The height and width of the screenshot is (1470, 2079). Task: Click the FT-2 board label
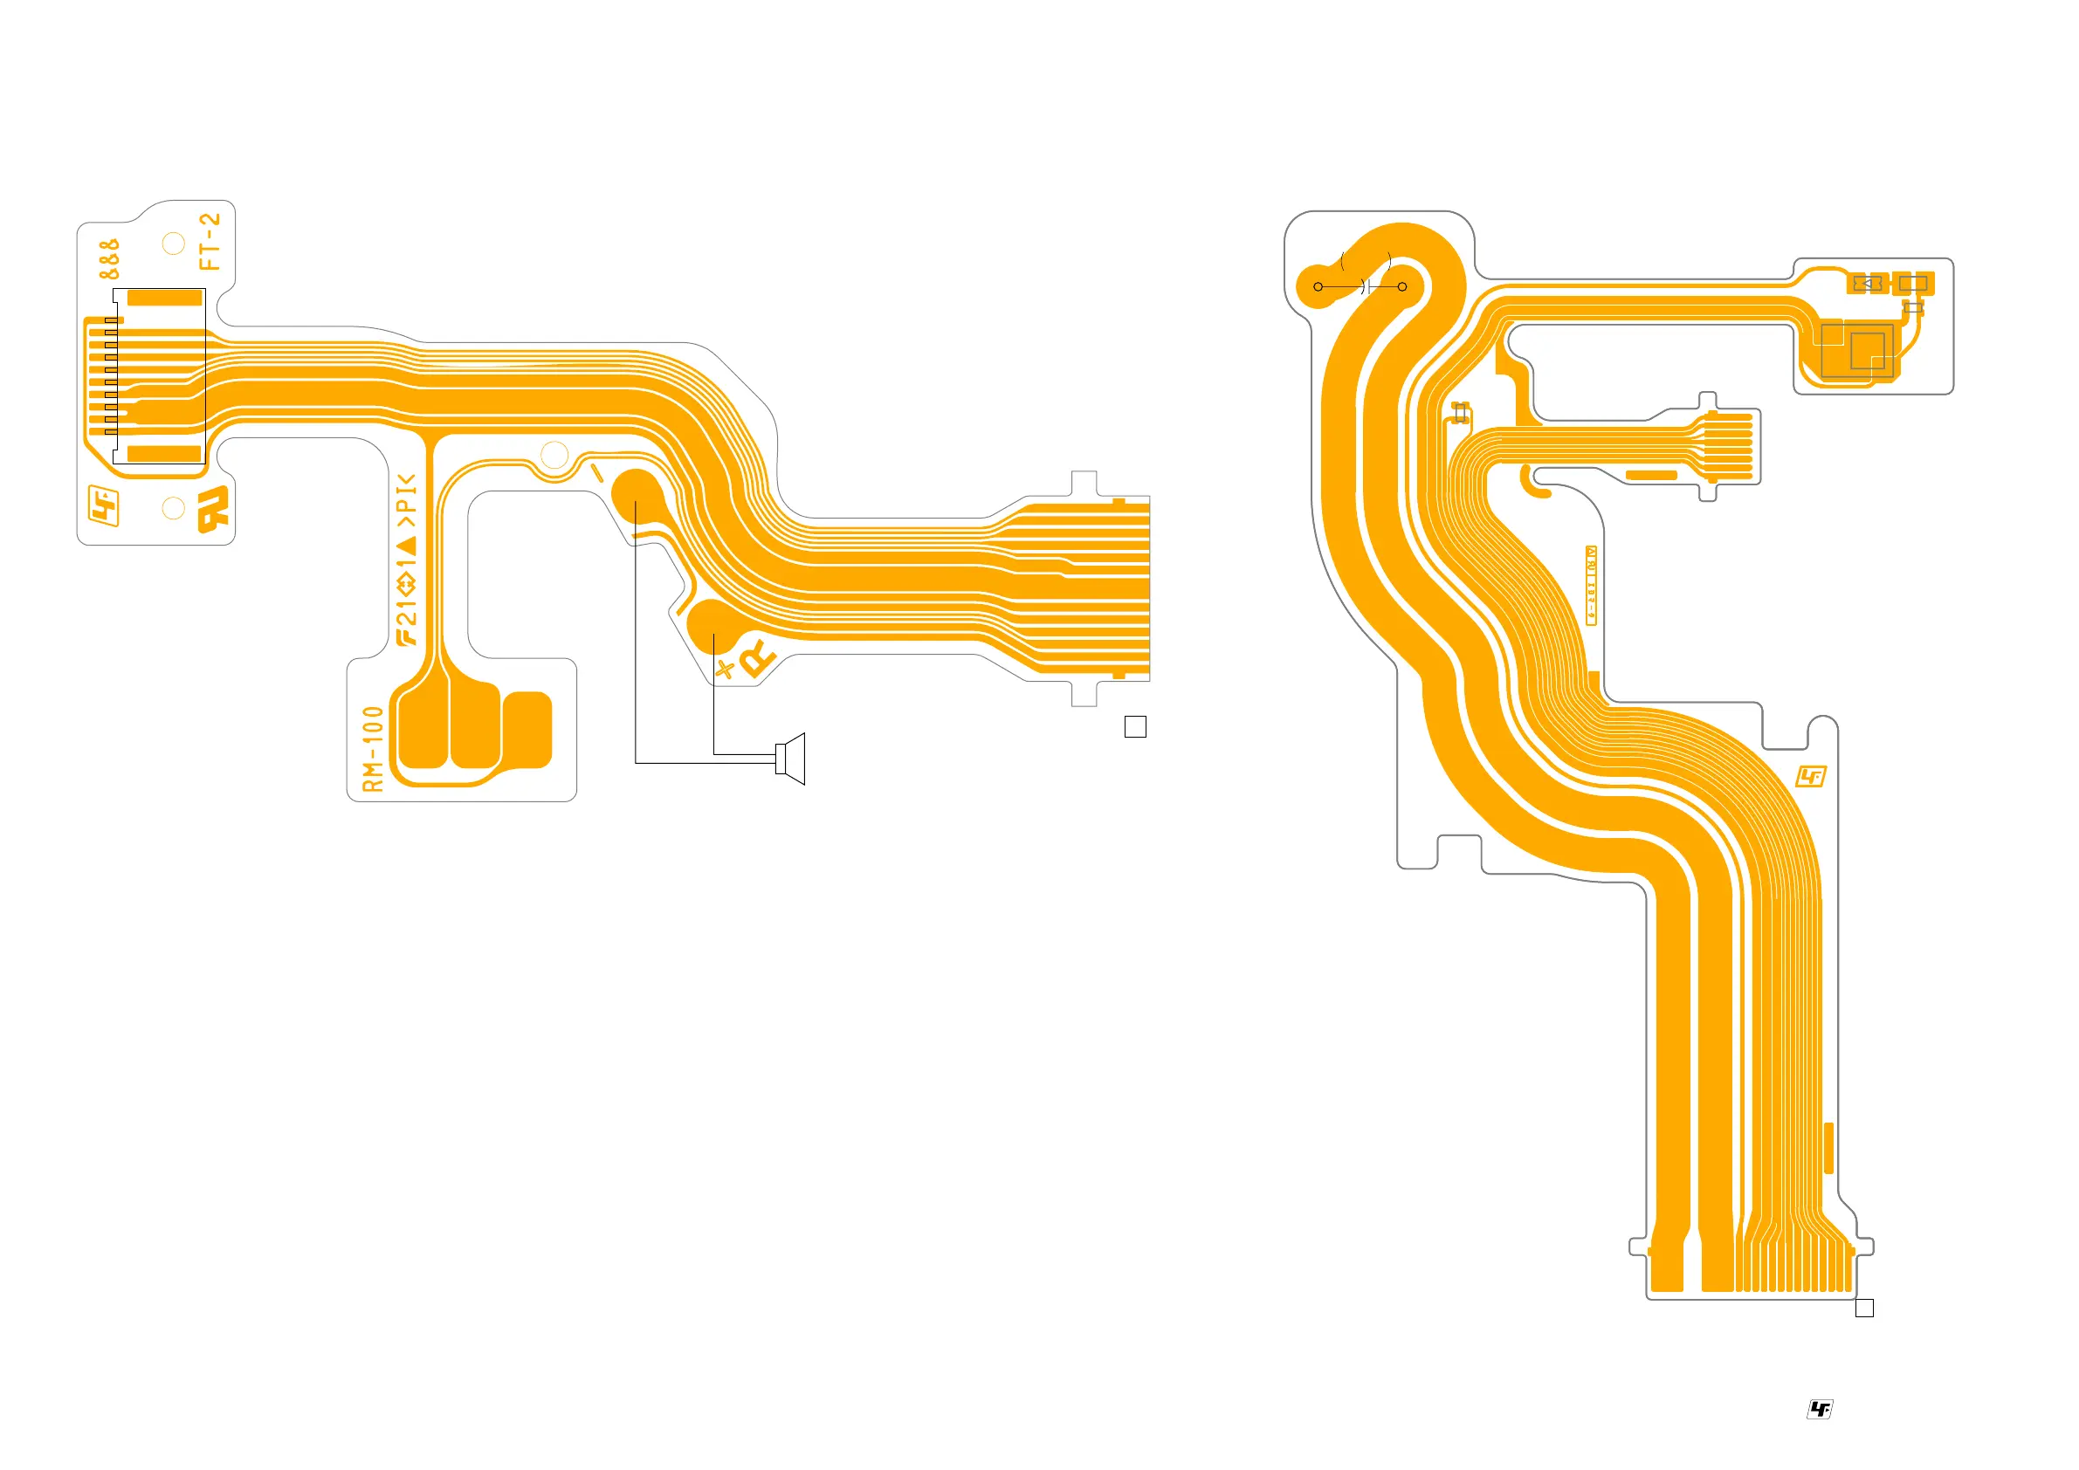[210, 242]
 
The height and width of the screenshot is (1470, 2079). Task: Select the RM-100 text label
[373, 750]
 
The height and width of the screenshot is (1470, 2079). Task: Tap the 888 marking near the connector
[108, 259]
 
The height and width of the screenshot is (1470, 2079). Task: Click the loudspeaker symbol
[790, 759]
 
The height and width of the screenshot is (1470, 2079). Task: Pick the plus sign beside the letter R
[725, 669]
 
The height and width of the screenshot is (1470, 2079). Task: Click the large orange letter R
[757, 658]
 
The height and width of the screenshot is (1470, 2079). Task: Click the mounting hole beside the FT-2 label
[173, 244]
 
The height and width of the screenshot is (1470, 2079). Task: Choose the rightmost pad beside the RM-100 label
[527, 730]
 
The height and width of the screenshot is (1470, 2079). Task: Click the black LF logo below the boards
[1819, 1408]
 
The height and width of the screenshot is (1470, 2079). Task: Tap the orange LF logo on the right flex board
[1810, 777]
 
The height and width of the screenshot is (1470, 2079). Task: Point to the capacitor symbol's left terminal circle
[1318, 287]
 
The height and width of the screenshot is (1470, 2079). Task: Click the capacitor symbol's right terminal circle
[1401, 287]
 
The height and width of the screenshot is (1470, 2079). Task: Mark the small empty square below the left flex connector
[1134, 726]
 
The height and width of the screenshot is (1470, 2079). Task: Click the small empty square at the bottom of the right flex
[1864, 1308]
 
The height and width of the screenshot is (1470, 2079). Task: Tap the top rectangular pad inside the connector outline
[164, 298]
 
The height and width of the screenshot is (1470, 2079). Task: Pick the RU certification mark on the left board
[215, 510]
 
